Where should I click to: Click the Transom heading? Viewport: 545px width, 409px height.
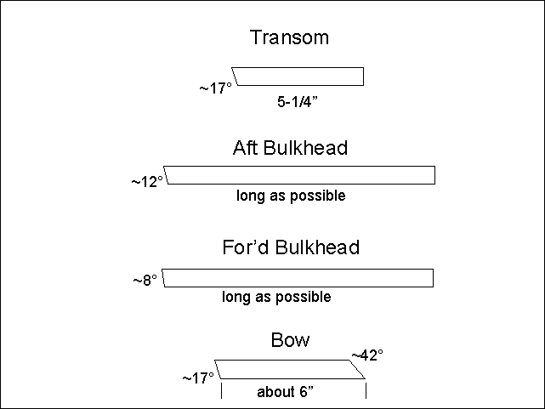[x=289, y=37]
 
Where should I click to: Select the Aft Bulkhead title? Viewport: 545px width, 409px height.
[x=290, y=148]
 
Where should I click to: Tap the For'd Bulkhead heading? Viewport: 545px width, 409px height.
[x=291, y=247]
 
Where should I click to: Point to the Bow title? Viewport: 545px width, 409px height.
[x=290, y=340]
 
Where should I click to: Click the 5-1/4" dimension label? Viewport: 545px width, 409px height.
[x=298, y=102]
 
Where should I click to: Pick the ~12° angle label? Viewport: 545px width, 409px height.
[x=147, y=182]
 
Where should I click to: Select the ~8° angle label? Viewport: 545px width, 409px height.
[x=145, y=280]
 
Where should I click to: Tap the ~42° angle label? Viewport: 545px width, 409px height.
[x=368, y=355]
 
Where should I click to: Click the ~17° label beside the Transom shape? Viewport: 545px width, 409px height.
[x=215, y=88]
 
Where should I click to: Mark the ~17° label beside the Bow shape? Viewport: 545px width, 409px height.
[x=198, y=378]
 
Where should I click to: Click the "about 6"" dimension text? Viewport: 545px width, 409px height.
[x=285, y=392]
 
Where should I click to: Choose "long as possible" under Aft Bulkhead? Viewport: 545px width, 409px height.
[x=291, y=196]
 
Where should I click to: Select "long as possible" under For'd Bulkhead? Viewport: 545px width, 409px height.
[x=276, y=297]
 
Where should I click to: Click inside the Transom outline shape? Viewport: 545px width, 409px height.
[x=299, y=77]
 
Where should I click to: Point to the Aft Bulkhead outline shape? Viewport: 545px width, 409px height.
[x=300, y=175]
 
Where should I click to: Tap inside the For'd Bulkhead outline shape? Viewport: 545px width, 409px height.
[x=298, y=278]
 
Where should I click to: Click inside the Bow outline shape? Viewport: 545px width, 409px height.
[x=290, y=369]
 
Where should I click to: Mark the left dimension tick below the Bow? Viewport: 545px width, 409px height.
[x=221, y=390]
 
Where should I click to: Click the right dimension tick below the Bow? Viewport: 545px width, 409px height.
[x=366, y=390]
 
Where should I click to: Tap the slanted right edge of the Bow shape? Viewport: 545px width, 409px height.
[x=358, y=369]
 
